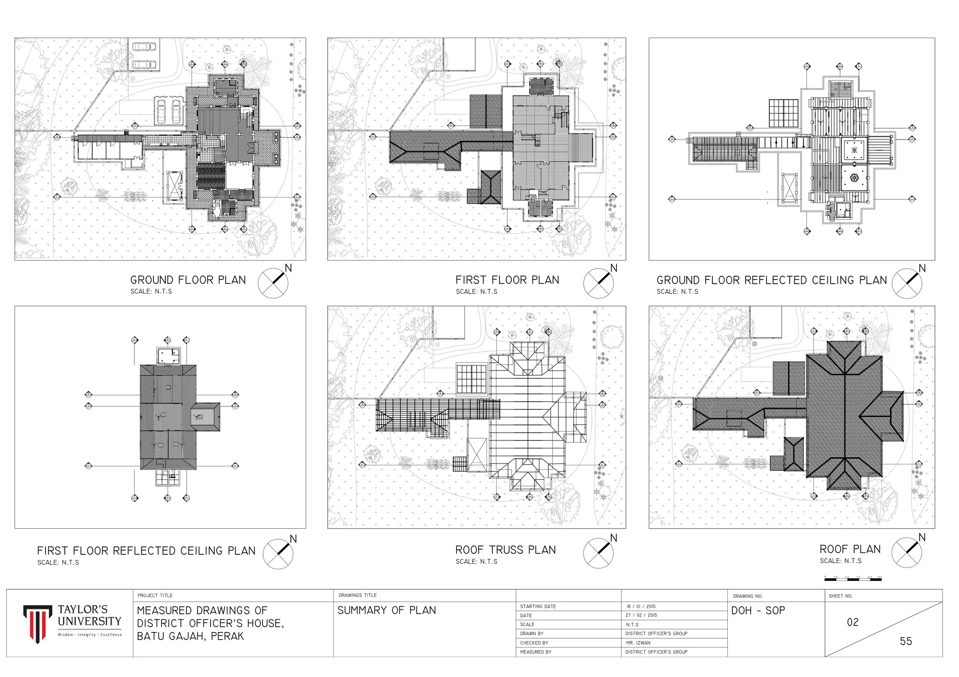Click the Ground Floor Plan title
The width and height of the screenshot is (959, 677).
coord(188,280)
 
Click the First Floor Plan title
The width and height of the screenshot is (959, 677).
coord(507,280)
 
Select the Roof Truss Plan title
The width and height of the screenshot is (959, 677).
coord(505,550)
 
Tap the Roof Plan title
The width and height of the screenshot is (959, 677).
coord(849,549)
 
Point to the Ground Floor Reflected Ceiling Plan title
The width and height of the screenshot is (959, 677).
coord(771,280)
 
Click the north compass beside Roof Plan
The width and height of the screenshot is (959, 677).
coord(907,553)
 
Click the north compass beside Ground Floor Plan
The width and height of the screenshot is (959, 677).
coord(273,283)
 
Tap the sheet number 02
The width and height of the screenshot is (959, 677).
coord(853,622)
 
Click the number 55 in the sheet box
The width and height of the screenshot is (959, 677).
coord(906,641)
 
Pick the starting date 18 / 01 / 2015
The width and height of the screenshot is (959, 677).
coord(641,606)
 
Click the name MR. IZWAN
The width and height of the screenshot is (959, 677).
coord(638,643)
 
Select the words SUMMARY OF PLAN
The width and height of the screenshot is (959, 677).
coord(386,611)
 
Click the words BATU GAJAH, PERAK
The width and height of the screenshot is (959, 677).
coord(190,636)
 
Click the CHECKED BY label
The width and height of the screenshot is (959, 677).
coord(534,643)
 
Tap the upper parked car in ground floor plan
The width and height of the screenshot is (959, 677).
coord(143,47)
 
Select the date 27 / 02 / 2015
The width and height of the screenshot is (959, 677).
coord(641,615)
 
